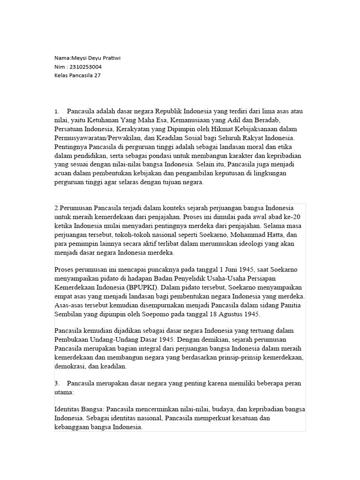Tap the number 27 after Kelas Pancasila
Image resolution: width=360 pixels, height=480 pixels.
pos(97,75)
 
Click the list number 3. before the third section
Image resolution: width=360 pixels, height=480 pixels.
pos(57,383)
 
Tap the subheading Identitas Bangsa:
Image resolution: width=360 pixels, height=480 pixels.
pos(78,410)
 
